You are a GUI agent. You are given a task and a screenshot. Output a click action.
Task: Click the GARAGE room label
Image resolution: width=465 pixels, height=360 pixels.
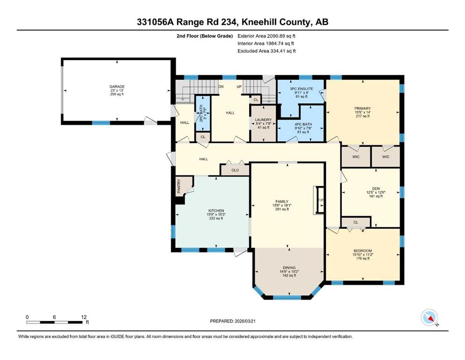pos(117,87)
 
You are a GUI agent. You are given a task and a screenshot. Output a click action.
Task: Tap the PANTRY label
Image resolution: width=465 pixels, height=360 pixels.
pos(179,187)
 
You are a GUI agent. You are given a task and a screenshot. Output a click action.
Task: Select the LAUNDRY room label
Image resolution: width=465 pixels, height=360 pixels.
pos(263,120)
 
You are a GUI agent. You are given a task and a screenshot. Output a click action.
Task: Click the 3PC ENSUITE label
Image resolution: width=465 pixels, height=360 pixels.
pos(301,89)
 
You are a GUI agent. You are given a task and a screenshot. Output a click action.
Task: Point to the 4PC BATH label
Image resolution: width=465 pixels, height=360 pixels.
pos(303,124)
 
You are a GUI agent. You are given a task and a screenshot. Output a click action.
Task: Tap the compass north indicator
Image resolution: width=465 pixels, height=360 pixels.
pos(429,317)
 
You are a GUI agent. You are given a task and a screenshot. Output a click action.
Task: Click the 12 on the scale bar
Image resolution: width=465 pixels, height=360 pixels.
pos(84,317)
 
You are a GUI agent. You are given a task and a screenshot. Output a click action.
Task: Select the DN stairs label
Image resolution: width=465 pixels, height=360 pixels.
pos(221,87)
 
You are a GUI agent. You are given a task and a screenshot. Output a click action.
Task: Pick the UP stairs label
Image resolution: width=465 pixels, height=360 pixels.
pos(239,87)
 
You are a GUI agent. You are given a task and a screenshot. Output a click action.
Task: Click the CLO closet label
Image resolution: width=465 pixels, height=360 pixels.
pos(235,170)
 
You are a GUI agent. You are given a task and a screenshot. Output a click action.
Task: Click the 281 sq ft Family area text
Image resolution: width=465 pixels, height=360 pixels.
pos(282,209)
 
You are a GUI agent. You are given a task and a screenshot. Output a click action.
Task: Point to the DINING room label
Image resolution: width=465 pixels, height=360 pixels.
pos(289,268)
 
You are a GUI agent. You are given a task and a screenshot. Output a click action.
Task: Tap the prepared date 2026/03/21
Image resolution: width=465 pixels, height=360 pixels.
pos(245,321)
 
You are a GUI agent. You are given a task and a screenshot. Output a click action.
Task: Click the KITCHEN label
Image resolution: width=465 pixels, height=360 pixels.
pos(216,211)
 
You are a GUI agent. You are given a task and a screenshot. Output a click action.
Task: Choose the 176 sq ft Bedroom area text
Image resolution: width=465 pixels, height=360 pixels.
pos(363,258)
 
